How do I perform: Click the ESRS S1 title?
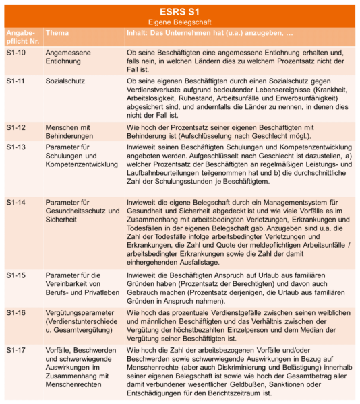(180, 11)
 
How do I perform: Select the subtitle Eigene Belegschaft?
(180, 22)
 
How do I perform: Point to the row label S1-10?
(16, 52)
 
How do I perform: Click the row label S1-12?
(16, 128)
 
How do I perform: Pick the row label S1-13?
(16, 147)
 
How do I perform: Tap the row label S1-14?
(16, 203)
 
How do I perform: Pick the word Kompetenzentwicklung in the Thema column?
(82, 166)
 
